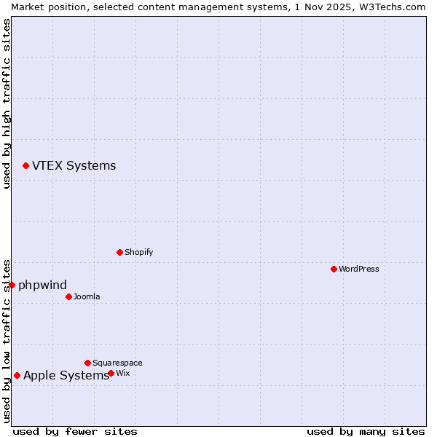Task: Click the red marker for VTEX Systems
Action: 25,166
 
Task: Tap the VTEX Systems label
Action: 74,166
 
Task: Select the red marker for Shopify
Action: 119,252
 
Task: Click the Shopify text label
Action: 138,253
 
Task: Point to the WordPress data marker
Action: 334,269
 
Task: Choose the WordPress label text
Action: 358,269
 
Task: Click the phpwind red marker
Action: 12,285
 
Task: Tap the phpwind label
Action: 42,286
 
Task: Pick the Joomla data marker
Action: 68,296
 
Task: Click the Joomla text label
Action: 87,297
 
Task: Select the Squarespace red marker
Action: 87,363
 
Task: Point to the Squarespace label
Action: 117,363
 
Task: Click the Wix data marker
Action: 111,373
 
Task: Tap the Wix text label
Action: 123,374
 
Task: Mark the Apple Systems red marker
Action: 17,376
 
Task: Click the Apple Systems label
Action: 66,376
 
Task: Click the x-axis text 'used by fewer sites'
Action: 75,431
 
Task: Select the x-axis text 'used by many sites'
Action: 366,431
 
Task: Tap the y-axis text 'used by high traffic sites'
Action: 7,103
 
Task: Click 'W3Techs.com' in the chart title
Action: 390,7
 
